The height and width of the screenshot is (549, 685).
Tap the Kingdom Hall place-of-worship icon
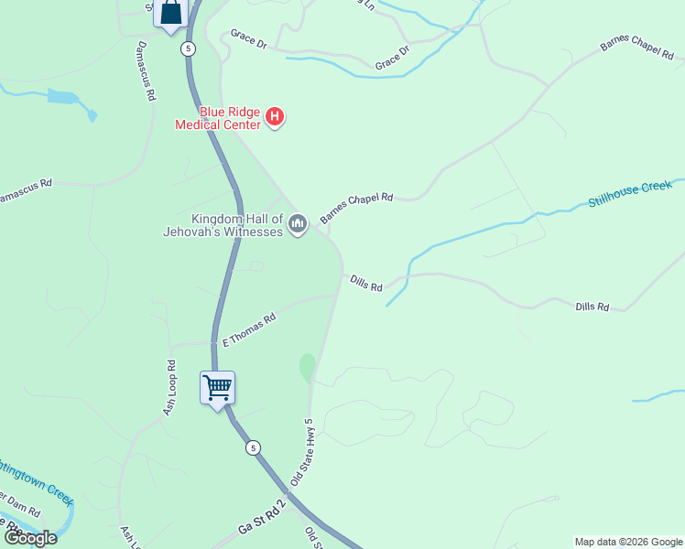(297, 224)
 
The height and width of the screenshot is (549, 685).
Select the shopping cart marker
(218, 388)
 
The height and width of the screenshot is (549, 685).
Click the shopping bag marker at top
(171, 13)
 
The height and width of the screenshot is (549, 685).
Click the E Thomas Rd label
(249, 331)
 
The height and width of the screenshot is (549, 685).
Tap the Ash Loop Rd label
(170, 393)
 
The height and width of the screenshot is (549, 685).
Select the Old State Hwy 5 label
(302, 452)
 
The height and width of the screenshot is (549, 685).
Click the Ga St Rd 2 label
(262, 519)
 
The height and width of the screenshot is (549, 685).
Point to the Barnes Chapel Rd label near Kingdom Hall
(356, 208)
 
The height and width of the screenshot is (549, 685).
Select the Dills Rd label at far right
(593, 307)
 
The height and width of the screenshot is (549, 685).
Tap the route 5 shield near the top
(188, 48)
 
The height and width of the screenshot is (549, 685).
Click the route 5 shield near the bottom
(253, 447)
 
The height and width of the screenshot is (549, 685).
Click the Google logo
(30, 538)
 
